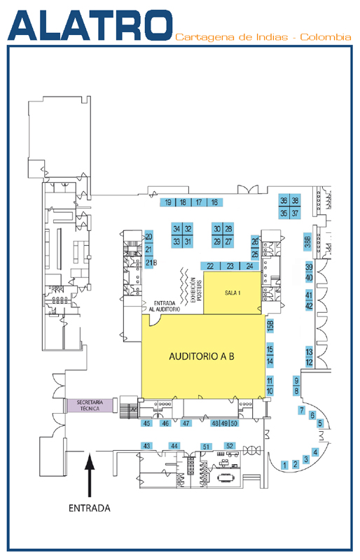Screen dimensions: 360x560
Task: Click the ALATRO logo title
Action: (90, 25)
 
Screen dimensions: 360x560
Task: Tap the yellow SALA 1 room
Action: (232, 293)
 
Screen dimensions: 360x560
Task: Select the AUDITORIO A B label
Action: (202, 356)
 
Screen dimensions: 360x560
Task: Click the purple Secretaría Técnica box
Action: (90, 405)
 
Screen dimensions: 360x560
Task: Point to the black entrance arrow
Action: (90, 475)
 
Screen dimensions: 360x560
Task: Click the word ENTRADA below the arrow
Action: (90, 508)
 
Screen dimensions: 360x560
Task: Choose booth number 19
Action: (167, 202)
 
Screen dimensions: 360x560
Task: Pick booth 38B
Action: (307, 241)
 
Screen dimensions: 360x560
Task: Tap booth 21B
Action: (150, 262)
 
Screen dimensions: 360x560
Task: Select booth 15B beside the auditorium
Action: (270, 325)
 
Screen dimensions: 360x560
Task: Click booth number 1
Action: (284, 465)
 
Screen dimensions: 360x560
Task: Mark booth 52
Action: (230, 446)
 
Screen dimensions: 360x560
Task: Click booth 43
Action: (146, 446)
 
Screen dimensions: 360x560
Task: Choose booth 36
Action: (284, 201)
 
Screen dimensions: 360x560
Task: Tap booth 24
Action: (249, 266)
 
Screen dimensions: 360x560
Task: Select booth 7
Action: (302, 410)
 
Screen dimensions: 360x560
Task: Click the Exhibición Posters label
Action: (196, 290)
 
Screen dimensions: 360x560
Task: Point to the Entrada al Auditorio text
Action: (165, 306)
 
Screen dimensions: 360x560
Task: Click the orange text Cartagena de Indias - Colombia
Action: (263, 37)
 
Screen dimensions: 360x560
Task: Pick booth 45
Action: (146, 423)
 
